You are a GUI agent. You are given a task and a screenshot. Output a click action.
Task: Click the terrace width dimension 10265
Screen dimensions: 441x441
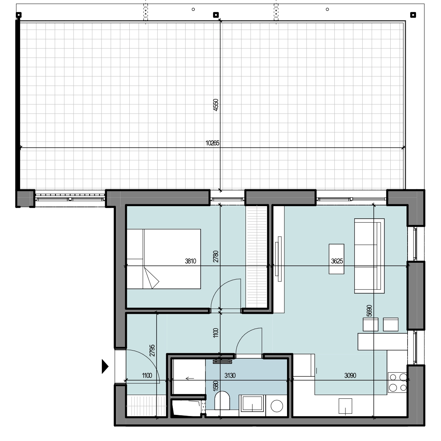click(212, 143)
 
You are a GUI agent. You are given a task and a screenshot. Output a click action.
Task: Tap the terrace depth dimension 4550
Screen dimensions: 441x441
click(216, 105)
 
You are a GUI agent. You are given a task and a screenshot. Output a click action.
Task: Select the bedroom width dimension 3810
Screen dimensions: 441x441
click(190, 261)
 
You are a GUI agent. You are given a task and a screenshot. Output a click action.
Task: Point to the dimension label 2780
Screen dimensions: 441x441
click(216, 257)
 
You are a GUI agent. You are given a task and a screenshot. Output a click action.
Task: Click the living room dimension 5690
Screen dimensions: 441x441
click(369, 311)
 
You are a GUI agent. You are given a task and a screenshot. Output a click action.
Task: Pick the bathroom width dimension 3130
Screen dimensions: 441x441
click(230, 375)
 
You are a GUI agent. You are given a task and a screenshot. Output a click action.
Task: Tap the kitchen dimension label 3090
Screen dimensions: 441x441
click(350, 375)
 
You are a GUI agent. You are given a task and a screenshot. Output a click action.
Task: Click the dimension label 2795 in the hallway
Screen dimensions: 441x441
click(152, 350)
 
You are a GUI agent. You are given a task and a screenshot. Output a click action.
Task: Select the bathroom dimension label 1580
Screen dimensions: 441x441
click(216, 386)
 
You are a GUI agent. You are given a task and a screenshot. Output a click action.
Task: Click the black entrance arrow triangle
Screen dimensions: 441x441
click(105, 366)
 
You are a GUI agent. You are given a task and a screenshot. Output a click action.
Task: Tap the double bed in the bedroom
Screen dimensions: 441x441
click(164, 259)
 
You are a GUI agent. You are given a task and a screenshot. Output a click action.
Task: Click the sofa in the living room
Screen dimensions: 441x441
click(369, 256)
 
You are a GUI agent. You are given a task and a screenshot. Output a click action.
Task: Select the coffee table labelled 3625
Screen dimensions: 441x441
click(336, 259)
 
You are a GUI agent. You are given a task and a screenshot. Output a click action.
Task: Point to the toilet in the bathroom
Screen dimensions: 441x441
click(222, 401)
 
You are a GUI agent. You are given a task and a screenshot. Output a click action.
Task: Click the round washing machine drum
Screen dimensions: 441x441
click(277, 406)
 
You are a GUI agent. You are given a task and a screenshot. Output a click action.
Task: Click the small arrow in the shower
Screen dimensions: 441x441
click(190, 378)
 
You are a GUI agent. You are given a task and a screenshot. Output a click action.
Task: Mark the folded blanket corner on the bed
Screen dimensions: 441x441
click(151, 278)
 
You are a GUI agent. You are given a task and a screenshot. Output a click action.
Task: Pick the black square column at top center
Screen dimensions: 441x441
click(216, 15)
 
